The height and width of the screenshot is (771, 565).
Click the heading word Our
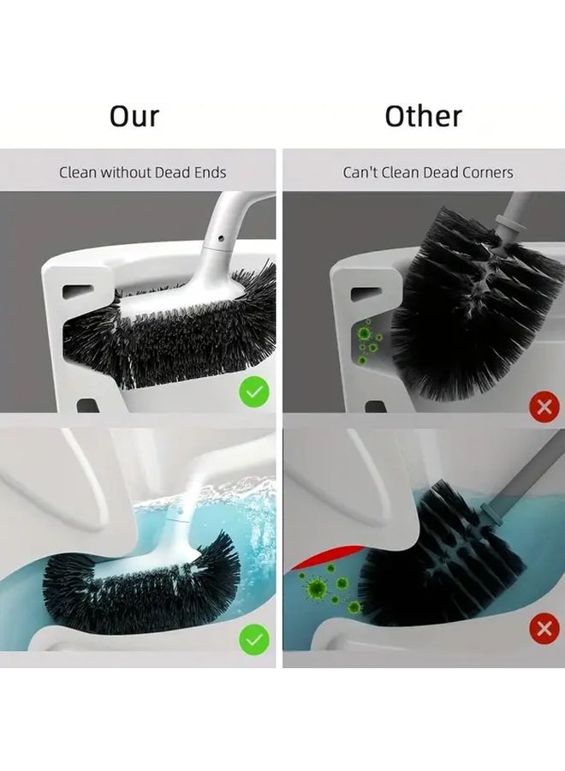coord(134,117)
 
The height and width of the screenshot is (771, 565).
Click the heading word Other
coord(423,117)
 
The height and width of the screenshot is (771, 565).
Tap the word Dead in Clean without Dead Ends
coord(171,172)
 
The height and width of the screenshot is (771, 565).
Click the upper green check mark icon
coord(254,391)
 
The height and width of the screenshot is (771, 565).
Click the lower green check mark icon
coord(254,639)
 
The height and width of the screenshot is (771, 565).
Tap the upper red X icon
coord(544,407)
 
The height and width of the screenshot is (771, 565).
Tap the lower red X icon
coord(544,629)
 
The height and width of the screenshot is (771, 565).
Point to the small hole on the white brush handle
coord(221,239)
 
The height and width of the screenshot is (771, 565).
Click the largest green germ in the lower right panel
coord(316,587)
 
